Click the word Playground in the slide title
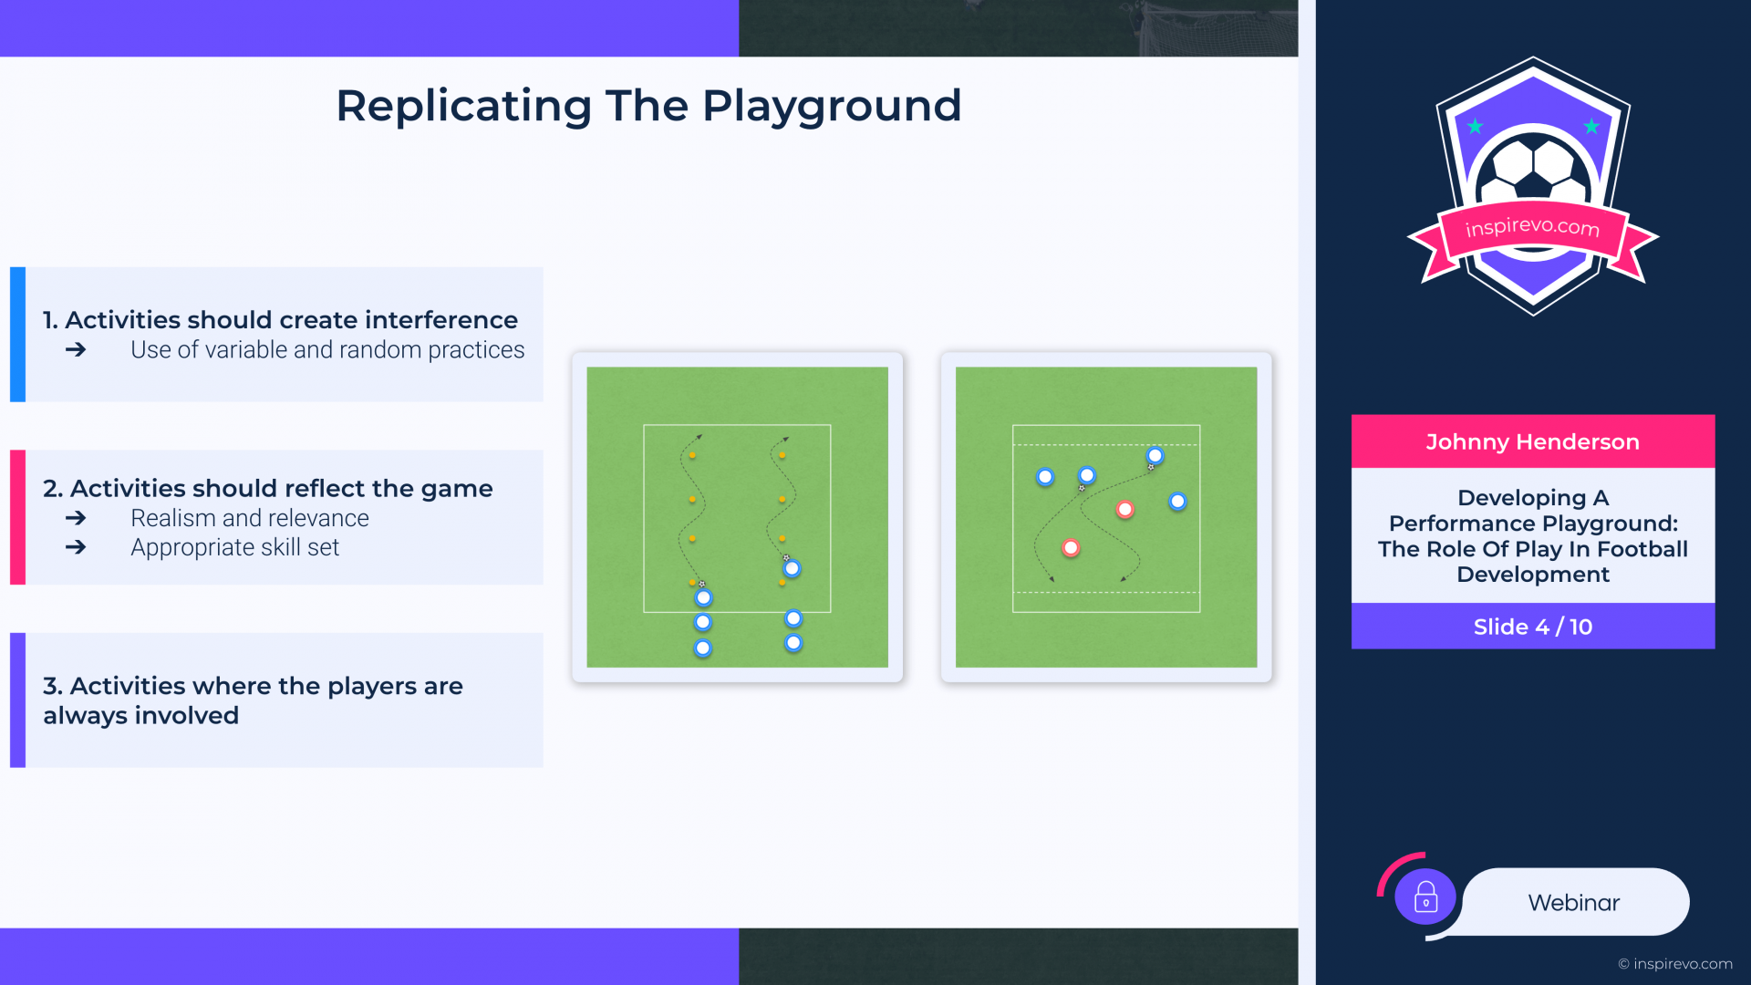831,107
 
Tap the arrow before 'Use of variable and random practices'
76,350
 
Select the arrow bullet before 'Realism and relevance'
76,518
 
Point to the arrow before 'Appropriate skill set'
76,547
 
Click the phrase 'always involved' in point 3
140,716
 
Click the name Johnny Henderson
1532,442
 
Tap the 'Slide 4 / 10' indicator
1532,627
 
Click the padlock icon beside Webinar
1425,898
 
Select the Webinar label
1573,903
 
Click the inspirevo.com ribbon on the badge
1532,235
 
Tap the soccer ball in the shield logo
1533,170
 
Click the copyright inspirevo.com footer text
1675,964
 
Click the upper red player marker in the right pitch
1125,510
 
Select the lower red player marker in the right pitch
1071,548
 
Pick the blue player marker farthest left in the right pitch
1045,477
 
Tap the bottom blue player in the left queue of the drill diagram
702,648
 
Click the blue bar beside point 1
17,335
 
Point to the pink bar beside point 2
17,517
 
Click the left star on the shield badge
1476,127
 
